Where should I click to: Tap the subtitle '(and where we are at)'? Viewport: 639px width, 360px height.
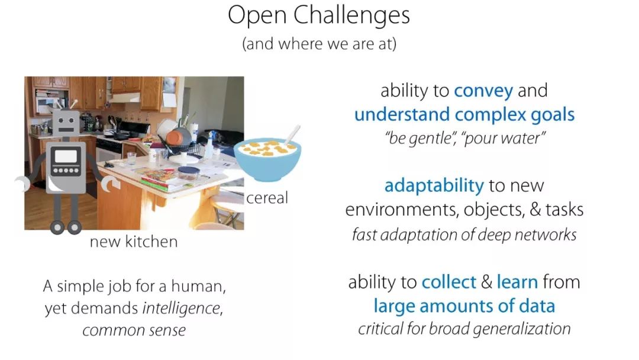[319, 44]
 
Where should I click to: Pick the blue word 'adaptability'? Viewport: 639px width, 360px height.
[434, 186]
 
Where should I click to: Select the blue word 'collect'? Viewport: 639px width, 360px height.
[448, 282]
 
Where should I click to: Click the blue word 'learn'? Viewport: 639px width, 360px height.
[517, 282]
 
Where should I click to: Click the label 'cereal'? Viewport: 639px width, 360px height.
[267, 198]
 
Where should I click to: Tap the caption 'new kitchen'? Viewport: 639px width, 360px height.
[134, 242]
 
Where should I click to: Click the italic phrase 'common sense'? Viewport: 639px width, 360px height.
[134, 330]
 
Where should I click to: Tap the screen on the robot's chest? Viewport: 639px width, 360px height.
[66, 156]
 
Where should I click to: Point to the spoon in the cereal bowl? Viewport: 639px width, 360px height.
[292, 134]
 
